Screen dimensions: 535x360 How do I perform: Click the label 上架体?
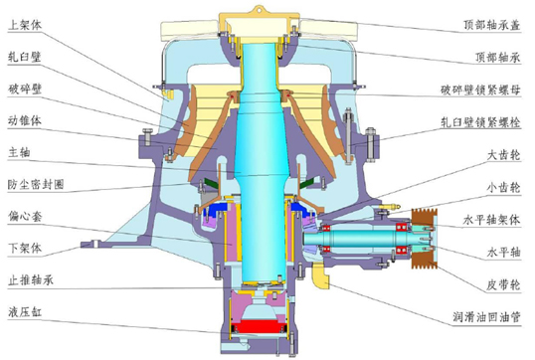point(25,25)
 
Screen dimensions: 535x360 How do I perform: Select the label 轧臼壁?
point(25,57)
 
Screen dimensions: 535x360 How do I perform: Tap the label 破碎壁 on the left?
point(25,89)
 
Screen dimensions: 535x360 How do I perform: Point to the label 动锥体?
point(25,120)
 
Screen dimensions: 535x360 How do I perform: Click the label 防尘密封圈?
point(36,185)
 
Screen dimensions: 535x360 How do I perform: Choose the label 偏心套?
point(25,217)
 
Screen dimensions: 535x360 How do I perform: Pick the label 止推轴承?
point(31,280)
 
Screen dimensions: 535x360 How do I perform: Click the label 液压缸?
point(25,312)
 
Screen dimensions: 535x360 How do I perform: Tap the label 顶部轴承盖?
point(491,25)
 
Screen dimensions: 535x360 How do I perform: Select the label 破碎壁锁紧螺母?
point(480,90)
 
